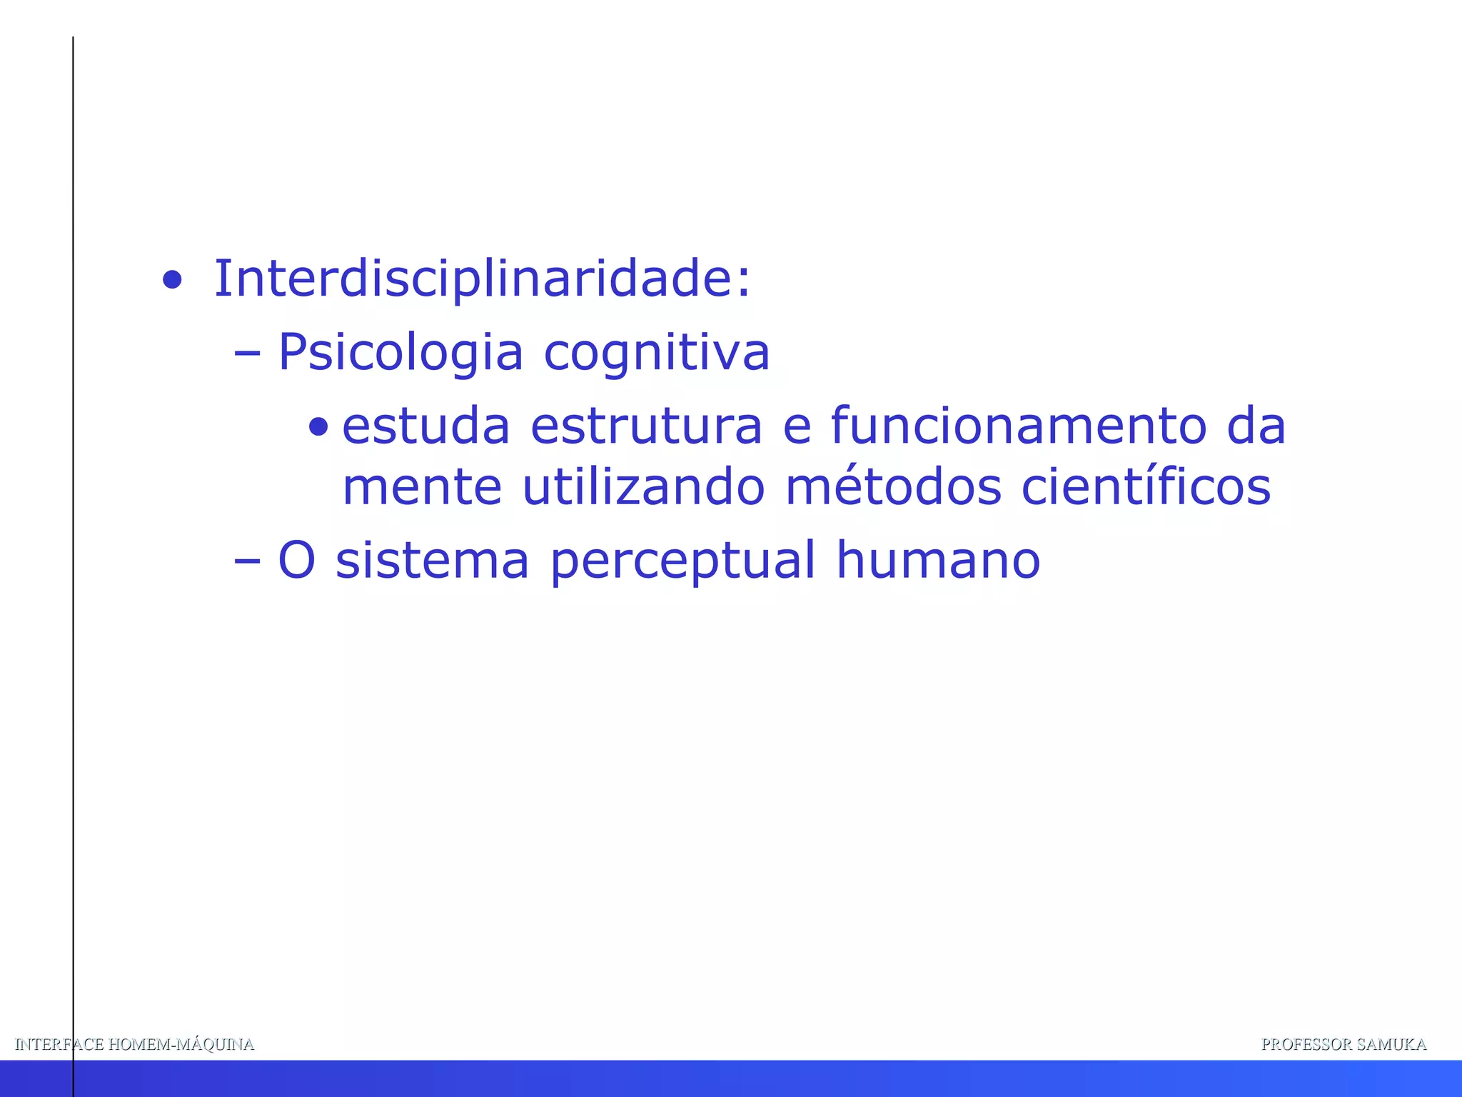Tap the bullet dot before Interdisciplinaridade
pos(172,280)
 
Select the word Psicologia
pos(400,353)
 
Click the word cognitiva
pos(657,353)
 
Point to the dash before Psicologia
pos(247,353)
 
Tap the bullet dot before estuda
pos(318,428)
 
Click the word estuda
pos(425,426)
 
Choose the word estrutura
pos(647,426)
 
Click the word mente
pos(422,488)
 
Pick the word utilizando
pos(643,488)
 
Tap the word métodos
pos(893,488)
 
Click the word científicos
pos(1146,488)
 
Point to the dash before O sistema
pos(247,561)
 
